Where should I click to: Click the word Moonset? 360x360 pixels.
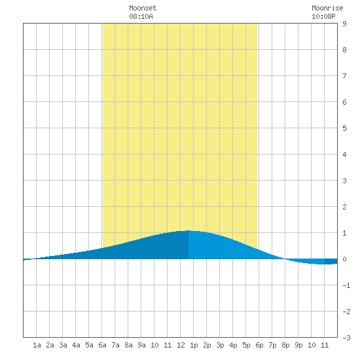[x=143, y=8]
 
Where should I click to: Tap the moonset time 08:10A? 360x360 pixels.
[x=141, y=16]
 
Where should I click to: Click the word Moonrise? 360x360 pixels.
[x=327, y=8]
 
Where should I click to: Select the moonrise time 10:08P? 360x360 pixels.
[x=323, y=16]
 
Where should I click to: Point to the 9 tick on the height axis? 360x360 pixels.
[x=344, y=24]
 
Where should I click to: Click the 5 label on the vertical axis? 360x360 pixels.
[x=344, y=128]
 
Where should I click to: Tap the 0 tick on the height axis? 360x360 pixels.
[x=344, y=259]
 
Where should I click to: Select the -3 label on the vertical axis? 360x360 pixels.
[x=346, y=338]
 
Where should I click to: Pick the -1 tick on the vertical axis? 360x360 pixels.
[x=346, y=285]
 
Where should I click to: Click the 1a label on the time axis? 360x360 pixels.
[x=37, y=345]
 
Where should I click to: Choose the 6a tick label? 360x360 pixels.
[x=102, y=345]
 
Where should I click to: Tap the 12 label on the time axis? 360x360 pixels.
[x=181, y=345]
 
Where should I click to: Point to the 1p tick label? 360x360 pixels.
[x=194, y=345]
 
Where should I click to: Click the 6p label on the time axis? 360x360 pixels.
[x=259, y=345]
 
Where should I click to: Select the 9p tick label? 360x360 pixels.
[x=298, y=345]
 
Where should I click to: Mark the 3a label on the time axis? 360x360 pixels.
[x=63, y=345]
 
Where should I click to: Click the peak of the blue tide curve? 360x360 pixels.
[x=189, y=230]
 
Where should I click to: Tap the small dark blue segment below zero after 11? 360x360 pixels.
[x=331, y=262]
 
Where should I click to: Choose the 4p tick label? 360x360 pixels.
[x=233, y=345]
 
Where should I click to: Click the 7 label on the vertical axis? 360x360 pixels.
[x=344, y=76]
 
